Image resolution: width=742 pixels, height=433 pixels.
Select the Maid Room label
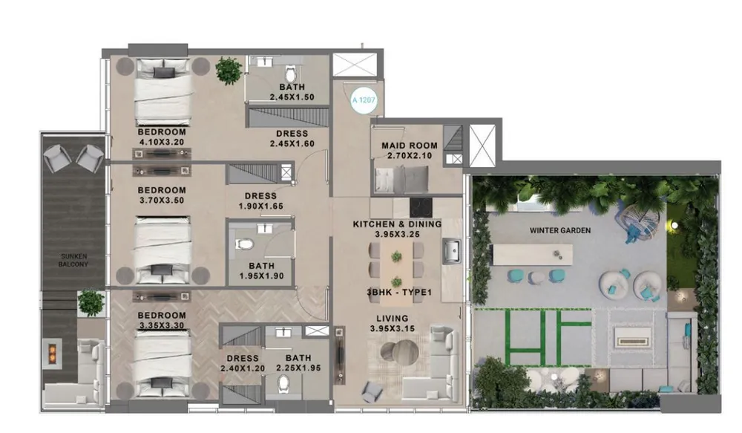[410, 146]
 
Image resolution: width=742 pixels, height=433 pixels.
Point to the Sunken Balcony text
[74, 260]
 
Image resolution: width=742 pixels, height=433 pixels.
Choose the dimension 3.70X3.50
[161, 200]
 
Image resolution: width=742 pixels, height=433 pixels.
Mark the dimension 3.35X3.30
[161, 325]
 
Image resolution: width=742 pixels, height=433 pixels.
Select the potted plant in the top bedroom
[228, 70]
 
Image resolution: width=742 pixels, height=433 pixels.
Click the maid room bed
[401, 179]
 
